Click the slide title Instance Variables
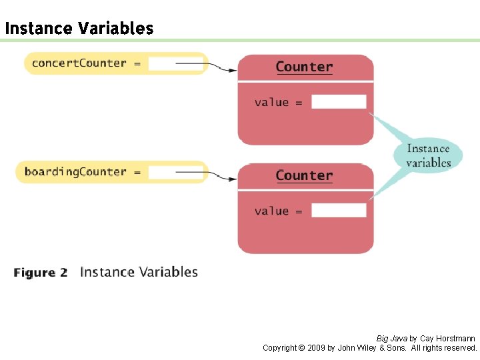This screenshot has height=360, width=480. coord(79,29)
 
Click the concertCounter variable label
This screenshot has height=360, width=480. coord(79,63)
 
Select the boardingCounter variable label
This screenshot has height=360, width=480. coord(75,172)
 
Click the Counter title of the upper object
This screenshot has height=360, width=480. coord(304,67)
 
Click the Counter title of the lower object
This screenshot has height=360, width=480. coord(304,175)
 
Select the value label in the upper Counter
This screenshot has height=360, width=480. coord(271,102)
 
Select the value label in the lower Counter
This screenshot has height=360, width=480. coord(271,211)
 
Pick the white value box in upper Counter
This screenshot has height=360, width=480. coord(339,102)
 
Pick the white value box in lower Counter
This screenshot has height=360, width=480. coord(339,211)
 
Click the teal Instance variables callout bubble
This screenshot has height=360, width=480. coord(428,155)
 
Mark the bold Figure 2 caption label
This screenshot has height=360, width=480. coord(41,273)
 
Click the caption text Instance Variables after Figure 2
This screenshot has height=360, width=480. coord(139,272)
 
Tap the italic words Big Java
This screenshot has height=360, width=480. coord(391,339)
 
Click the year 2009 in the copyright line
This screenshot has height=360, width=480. coord(317,348)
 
